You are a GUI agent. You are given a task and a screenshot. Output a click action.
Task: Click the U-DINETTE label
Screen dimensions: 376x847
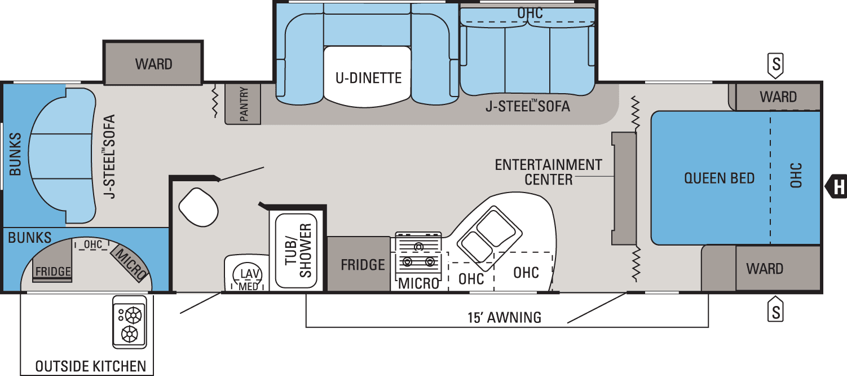[368, 77]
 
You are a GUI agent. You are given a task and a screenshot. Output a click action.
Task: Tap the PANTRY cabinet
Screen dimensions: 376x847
[243, 104]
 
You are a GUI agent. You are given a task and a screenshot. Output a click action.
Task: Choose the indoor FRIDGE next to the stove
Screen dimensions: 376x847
[363, 264]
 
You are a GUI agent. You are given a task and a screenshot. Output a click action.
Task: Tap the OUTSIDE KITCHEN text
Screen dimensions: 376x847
[90, 366]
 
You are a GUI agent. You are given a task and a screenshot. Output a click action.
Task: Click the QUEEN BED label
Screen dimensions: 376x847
[719, 178]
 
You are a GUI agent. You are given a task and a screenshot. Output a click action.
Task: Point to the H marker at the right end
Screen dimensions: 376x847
[838, 186]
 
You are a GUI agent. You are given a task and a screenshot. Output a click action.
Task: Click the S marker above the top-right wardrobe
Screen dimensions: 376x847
[776, 65]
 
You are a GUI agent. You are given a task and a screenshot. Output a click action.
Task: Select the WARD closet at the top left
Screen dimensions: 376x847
[153, 64]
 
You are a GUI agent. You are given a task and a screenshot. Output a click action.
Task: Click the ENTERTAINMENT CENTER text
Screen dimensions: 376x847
[548, 172]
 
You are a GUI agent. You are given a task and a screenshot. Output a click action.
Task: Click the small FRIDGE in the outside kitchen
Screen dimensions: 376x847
[53, 271]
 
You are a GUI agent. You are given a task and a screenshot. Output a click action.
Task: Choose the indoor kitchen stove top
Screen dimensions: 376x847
[418, 253]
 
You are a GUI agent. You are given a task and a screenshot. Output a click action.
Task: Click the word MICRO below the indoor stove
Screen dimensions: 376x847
[418, 283]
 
